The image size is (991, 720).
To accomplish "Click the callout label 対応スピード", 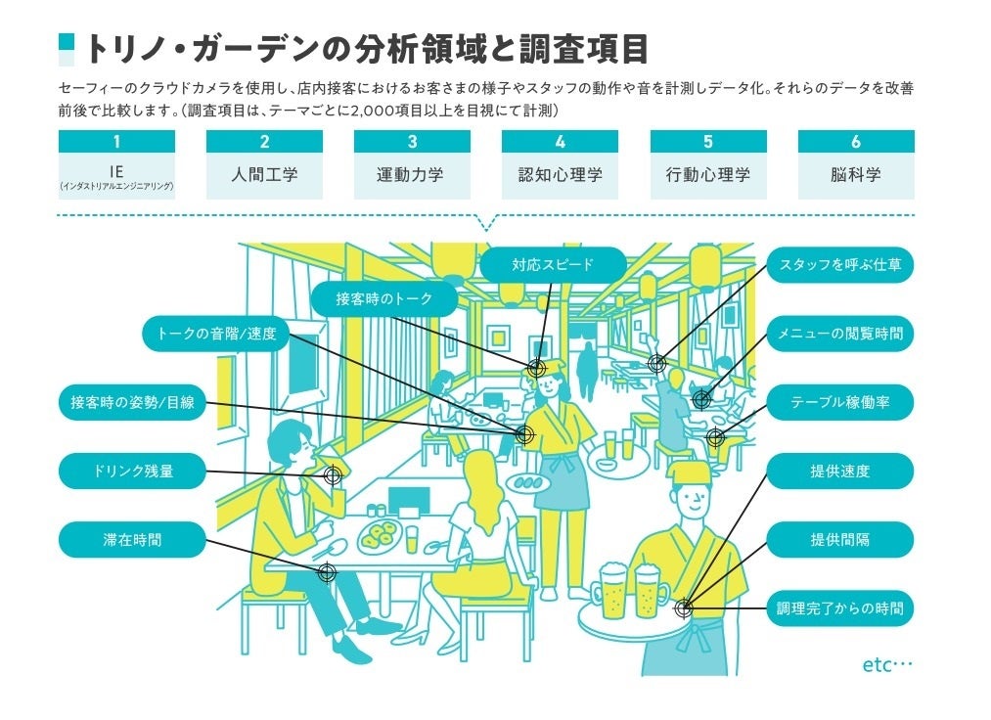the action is coord(552,264).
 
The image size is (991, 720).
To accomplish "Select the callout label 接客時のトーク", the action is coord(383,298).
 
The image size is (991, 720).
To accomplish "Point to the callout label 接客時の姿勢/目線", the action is coord(132,402).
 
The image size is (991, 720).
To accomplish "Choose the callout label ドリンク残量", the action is coord(132,471).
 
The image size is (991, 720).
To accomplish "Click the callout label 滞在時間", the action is coord(132,539).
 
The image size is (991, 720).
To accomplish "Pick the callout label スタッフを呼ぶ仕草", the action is coord(839,264).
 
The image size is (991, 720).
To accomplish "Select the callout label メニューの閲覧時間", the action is coord(839,334).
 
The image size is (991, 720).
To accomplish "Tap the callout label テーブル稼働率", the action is coord(839,402).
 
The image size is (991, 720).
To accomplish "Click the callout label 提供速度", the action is coord(839,471).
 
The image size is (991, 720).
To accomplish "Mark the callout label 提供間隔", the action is coord(839,539).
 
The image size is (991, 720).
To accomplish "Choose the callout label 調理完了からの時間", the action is coord(839,607).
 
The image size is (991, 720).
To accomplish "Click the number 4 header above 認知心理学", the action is coord(560,142).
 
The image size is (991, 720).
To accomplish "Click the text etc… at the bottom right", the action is coord(886,665).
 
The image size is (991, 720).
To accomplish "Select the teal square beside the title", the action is coord(67,49).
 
